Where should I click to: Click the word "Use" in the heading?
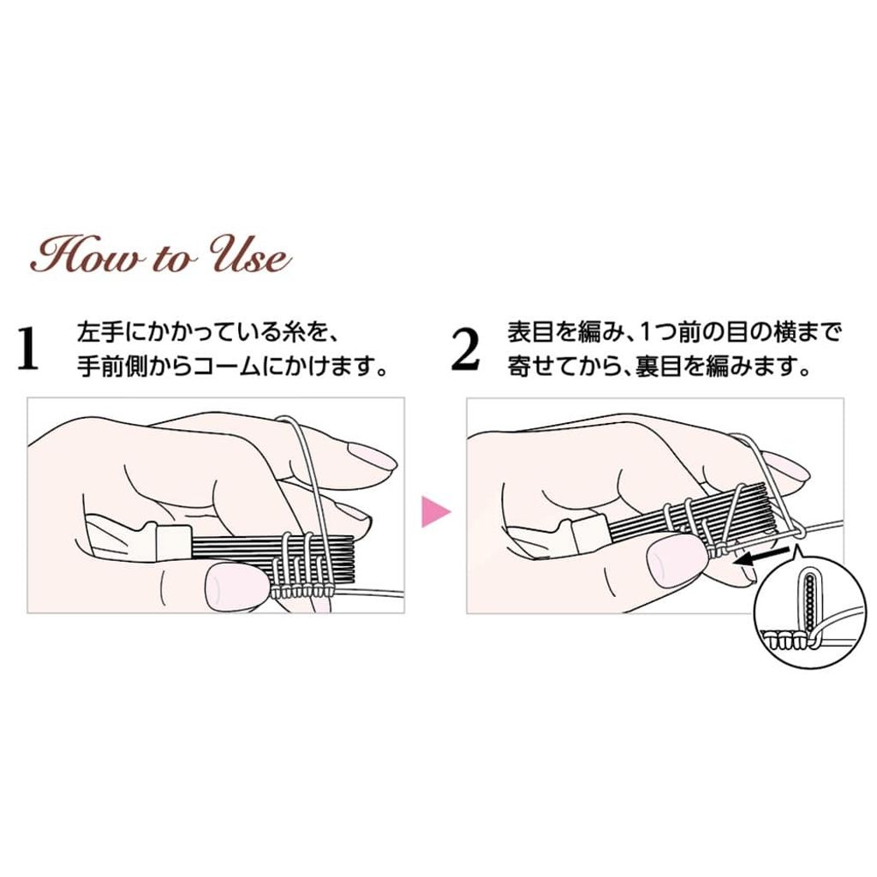[251, 257]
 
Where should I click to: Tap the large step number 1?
[28, 349]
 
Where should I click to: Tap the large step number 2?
[465, 349]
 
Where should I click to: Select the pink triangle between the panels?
[434, 510]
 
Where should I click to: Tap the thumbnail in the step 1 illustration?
[234, 586]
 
